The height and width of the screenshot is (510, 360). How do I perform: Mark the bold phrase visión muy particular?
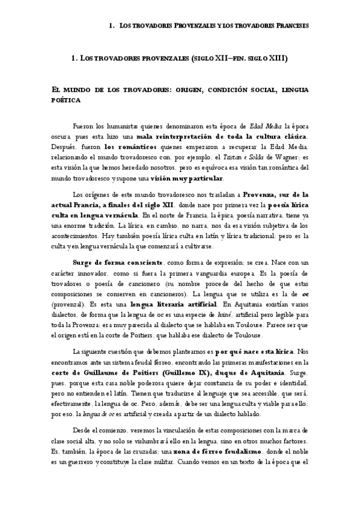[189, 179]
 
